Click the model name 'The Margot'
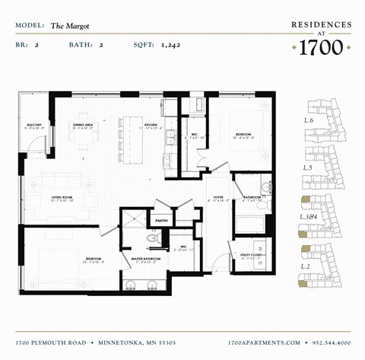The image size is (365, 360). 69,25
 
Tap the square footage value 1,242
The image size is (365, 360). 173,45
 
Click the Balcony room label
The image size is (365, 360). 34,126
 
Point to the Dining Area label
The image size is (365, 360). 83,126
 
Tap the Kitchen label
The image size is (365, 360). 151,126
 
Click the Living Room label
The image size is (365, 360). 62,199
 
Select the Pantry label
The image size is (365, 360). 161,220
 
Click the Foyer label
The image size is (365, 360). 218,197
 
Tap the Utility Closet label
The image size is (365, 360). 251,256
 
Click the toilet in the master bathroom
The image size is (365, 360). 151,238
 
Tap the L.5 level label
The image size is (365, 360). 308,167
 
